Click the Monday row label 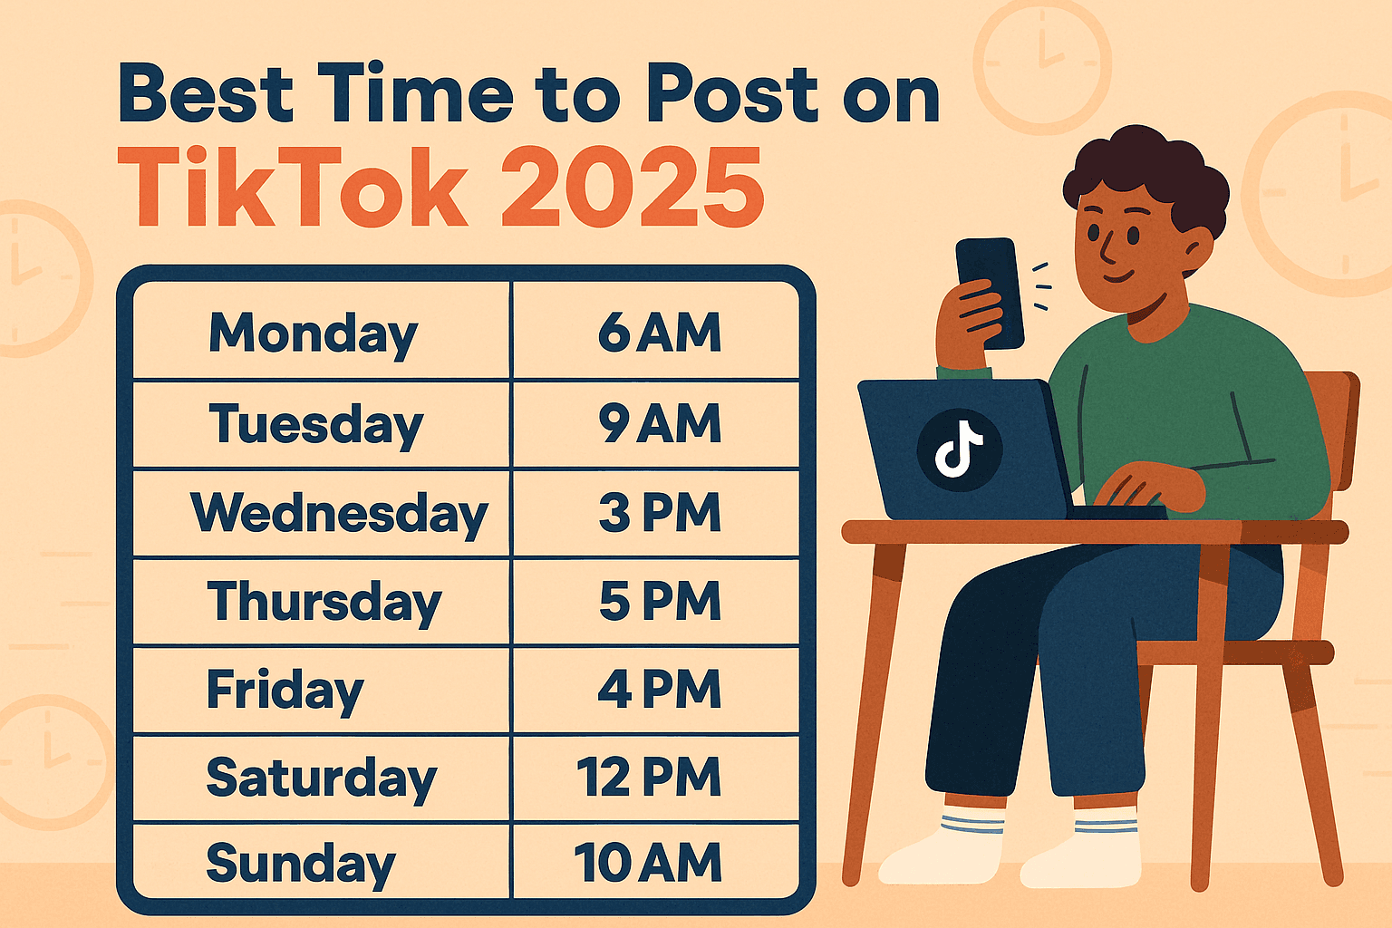pos(313,333)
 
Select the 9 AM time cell pos(659,423)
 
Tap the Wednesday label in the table pos(339,513)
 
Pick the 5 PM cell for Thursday pos(659,601)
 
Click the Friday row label pos(285,690)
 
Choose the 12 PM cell pos(649,778)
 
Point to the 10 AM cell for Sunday pos(647,863)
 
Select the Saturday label pos(321,778)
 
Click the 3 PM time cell pos(659,513)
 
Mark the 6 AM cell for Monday pos(659,333)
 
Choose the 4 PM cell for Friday pos(659,690)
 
